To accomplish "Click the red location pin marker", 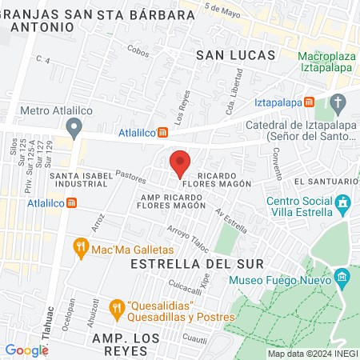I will coord(180,162).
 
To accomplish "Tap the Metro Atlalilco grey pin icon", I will coord(74,126).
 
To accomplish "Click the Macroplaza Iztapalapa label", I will coord(326,62).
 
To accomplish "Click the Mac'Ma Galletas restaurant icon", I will coord(80,248).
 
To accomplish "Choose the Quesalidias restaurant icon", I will coord(116,307).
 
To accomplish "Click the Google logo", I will coord(26,350).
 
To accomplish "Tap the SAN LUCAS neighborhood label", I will coord(235,54).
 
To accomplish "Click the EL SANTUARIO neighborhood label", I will coord(320,182).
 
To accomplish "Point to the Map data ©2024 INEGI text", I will coord(311,353).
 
